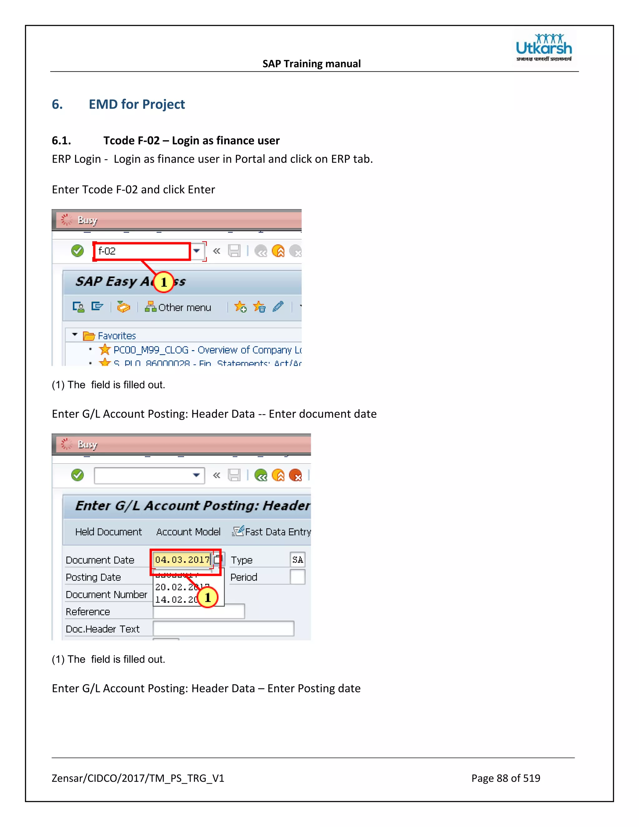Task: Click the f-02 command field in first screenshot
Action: point(142,251)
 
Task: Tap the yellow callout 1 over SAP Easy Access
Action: point(163,282)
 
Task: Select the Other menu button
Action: point(178,307)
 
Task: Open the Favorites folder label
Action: point(117,336)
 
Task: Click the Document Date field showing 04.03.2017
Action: point(183,560)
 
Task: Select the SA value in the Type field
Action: point(298,560)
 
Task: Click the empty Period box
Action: point(298,577)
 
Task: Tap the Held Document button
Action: point(108,532)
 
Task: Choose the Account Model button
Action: point(188,532)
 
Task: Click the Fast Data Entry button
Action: point(272,532)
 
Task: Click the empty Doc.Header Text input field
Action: point(223,629)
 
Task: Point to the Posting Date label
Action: point(93,577)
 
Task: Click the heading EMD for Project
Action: point(137,104)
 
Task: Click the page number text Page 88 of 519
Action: point(505,778)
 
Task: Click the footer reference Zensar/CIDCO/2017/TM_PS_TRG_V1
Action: point(138,778)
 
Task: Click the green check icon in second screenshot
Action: point(78,475)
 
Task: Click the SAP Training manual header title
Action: point(312,64)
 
